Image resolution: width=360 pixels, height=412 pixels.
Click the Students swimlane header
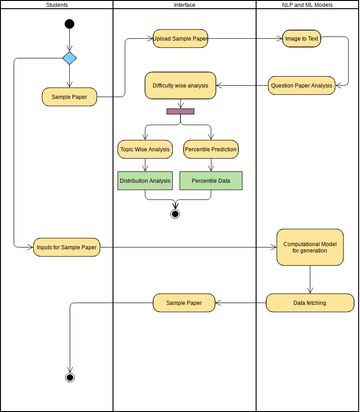[57, 6]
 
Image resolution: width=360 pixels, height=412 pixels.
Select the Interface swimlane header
[184, 6]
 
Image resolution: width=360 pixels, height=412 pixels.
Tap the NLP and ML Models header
[307, 6]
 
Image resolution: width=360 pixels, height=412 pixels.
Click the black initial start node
[69, 23]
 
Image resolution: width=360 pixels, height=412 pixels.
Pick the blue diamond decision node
[69, 58]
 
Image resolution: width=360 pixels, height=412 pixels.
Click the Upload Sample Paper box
[181, 39]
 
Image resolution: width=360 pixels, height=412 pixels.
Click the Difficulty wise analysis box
[181, 86]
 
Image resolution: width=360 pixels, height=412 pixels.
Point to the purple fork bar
[180, 111]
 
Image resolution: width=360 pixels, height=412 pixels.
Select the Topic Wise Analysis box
[146, 150]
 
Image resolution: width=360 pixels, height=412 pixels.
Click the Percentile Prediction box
[212, 150]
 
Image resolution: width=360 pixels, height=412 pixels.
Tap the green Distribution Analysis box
[146, 181]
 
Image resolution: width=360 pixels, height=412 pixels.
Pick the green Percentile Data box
[212, 181]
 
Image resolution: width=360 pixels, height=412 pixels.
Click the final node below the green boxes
[176, 213]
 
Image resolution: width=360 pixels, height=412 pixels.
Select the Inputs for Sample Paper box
[66, 247]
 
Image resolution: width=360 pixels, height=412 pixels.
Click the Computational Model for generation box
[310, 247]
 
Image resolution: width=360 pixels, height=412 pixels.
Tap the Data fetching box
[310, 301]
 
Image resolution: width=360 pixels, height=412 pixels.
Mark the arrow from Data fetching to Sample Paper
[240, 301]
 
